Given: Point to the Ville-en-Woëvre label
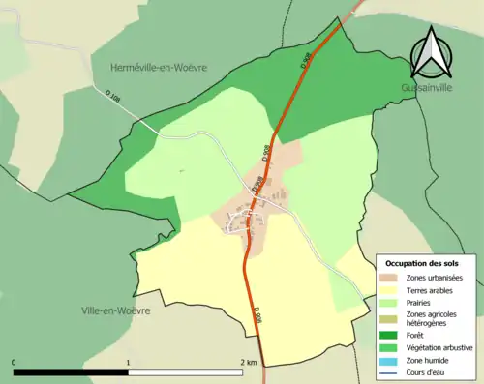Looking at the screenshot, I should click(x=116, y=310).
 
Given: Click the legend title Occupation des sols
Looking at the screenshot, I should click(x=422, y=263).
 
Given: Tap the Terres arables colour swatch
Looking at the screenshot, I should click(x=395, y=290).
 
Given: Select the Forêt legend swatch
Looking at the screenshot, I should click(x=395, y=337).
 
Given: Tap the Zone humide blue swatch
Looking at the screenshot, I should click(x=395, y=361).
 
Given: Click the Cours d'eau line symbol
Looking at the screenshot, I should click(x=395, y=372).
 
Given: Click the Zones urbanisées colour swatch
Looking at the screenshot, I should click(x=395, y=278).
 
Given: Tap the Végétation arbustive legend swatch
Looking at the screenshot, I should click(x=395, y=348).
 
